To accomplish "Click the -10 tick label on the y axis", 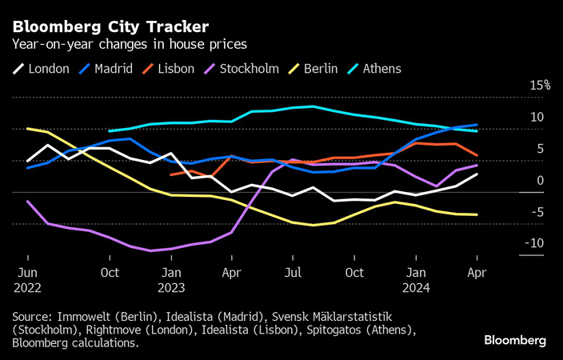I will click(x=535, y=244).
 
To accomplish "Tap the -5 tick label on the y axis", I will click(x=537, y=212).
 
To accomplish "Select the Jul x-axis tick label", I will click(x=293, y=273).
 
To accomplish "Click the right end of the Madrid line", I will click(x=477, y=125).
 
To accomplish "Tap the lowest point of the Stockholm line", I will click(x=150, y=251).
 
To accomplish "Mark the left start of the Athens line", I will click(x=109, y=130).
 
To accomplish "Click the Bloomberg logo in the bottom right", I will click(x=515, y=341).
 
